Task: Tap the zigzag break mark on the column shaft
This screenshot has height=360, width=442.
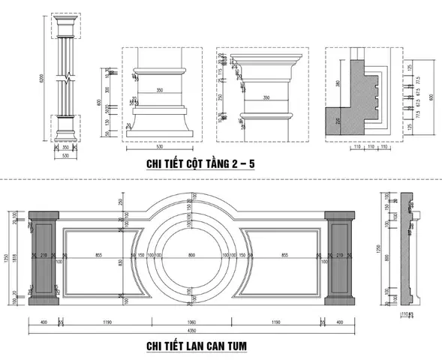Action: pyautogui.click(x=66, y=76)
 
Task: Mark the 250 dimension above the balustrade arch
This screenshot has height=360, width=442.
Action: pyautogui.click(x=120, y=201)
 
